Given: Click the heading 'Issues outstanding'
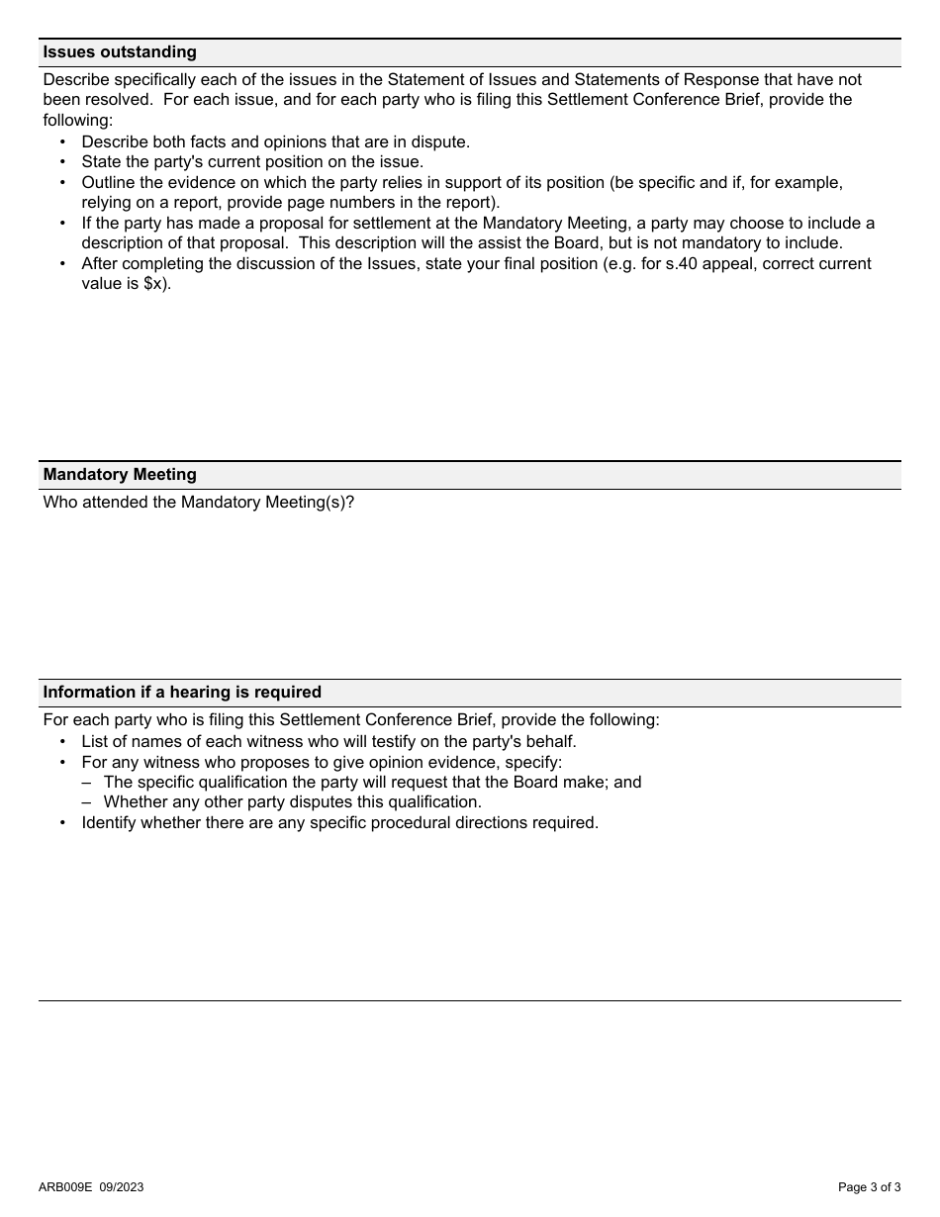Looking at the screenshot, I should pyautogui.click(x=120, y=52).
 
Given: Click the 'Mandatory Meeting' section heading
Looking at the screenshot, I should pyautogui.click(x=120, y=475).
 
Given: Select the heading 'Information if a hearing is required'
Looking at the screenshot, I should pyautogui.click(x=182, y=693).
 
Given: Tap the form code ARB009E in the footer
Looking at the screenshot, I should pyautogui.click(x=65, y=1187).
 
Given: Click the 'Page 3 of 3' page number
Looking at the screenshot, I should pyautogui.click(x=869, y=1187).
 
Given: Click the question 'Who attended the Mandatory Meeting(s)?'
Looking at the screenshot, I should pyautogui.click(x=198, y=503).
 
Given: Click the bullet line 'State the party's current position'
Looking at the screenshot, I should pyautogui.click(x=252, y=162).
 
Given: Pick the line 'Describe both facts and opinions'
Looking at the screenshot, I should pyautogui.click(x=275, y=142).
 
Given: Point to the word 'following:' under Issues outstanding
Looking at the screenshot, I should pyautogui.click(x=78, y=121).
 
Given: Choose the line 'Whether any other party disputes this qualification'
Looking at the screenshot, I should pyautogui.click(x=292, y=802).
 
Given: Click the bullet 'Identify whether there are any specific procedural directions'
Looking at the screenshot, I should pyautogui.click(x=339, y=823).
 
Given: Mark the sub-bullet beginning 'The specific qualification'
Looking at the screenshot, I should pyautogui.click(x=372, y=783).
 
